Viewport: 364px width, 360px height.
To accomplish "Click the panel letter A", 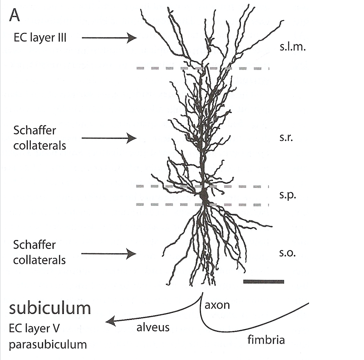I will click(x=15, y=15).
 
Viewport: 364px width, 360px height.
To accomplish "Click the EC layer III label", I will click(x=40, y=38).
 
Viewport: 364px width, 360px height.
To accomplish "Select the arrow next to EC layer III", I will click(x=109, y=38).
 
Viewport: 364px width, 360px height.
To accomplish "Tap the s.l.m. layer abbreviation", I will click(x=292, y=47).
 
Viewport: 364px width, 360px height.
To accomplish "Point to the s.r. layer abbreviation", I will click(x=286, y=138).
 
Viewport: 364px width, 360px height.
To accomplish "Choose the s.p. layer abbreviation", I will click(x=288, y=195).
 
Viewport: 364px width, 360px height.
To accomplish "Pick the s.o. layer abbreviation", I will click(x=287, y=253).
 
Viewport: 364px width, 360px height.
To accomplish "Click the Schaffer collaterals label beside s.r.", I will click(x=39, y=138).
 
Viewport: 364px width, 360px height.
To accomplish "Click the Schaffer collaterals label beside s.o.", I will click(x=39, y=252).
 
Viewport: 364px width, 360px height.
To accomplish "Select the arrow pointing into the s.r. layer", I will click(x=109, y=138).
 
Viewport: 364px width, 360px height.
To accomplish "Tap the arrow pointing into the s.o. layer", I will click(x=109, y=254).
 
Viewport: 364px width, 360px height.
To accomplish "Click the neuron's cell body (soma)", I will click(x=204, y=195).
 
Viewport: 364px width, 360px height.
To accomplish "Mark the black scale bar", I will click(x=264, y=282).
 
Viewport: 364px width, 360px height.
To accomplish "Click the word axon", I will click(x=217, y=305).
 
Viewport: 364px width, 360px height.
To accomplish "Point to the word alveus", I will click(x=153, y=327).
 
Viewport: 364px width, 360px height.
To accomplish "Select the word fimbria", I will click(x=266, y=340).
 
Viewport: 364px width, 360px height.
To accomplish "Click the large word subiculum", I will click(x=50, y=308).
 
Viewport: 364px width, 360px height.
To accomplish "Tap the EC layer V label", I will click(x=34, y=328).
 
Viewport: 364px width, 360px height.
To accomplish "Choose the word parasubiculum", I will click(x=48, y=344).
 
